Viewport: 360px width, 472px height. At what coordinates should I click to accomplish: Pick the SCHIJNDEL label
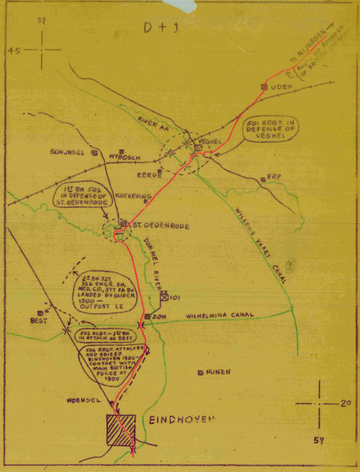coord(67,152)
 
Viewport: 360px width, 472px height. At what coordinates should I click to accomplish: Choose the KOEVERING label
coord(129,200)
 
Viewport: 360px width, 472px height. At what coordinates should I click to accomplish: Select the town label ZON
coord(158,317)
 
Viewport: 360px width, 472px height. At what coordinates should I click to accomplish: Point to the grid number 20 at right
coord(345,404)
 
